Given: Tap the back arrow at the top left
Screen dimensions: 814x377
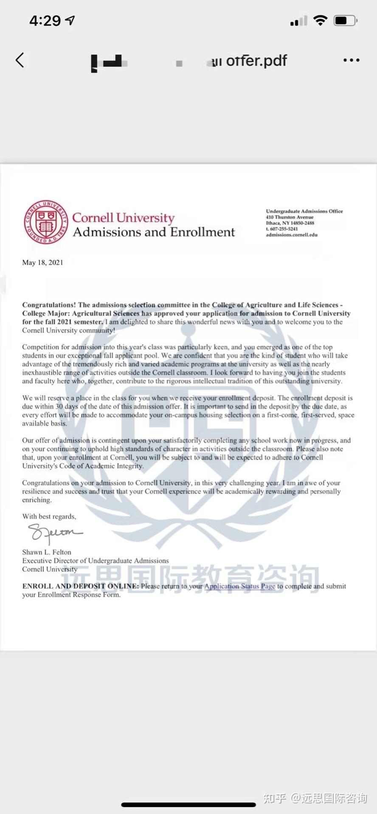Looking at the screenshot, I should coord(20,60).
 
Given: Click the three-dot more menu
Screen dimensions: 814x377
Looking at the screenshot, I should coord(351,61).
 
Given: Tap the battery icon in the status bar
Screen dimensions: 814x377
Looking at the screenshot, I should coord(345,20).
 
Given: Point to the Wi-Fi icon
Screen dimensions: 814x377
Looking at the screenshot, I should coord(320,20).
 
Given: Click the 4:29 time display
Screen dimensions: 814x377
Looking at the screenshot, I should coord(45,20).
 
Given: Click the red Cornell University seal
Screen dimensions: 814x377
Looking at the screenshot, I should coord(45,222).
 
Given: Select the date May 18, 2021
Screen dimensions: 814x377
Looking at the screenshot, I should coord(42,262).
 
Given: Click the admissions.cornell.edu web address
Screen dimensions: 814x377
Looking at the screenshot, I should coord(291,235).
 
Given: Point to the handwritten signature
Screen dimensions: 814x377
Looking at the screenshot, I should coord(54,533).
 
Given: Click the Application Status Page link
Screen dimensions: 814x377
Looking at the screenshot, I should coord(239,586).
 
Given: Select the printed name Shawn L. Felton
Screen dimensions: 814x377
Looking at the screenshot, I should coord(47,552).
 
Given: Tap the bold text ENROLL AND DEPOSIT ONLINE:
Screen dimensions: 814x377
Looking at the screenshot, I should coord(81,586).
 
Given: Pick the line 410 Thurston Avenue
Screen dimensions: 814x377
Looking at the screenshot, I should coord(290,217).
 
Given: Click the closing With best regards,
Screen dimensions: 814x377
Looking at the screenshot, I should coord(49,516).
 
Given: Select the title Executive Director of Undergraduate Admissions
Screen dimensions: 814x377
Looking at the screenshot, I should coord(96,561).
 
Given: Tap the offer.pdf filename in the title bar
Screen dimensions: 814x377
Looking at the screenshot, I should coord(256,61).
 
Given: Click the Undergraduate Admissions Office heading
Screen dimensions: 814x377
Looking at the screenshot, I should coord(304,211).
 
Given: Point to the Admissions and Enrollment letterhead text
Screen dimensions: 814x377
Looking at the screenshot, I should coord(154,232).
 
